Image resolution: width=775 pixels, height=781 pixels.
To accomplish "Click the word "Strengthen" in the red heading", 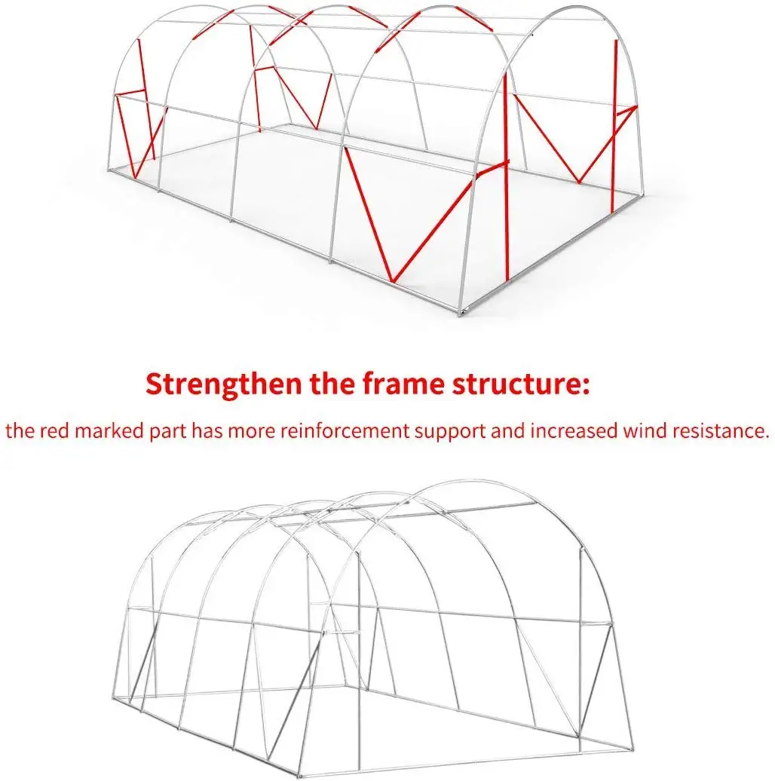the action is click(223, 384).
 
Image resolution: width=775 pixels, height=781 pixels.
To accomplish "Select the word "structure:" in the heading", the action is click(522, 384).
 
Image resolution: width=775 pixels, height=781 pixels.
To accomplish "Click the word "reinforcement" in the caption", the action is click(345, 430).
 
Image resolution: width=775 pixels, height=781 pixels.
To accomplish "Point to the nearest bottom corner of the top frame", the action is click(460, 314).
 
